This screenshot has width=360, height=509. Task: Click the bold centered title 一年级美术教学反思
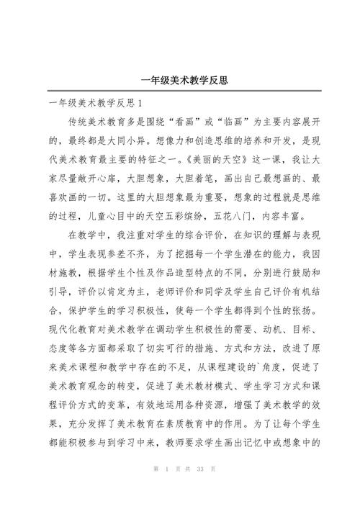[180, 81]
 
